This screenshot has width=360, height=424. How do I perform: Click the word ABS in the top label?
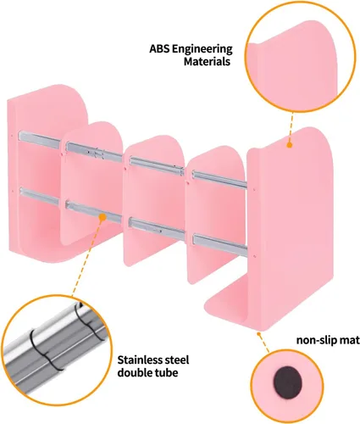[x=159, y=49]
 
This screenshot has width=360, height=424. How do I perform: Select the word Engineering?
[x=202, y=50]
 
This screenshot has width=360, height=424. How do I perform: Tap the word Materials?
[x=207, y=61]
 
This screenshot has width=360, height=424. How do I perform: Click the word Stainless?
[x=139, y=360]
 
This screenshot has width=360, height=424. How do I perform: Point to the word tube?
[x=167, y=372]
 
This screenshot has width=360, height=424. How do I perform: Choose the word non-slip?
[x=317, y=340]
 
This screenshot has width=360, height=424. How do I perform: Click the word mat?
[x=350, y=340]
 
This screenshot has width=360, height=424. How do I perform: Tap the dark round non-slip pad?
[x=287, y=382]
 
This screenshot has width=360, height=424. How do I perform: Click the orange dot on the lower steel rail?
[x=102, y=217]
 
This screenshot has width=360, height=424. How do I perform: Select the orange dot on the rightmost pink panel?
[x=290, y=145]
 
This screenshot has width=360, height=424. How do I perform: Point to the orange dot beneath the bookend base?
[x=258, y=334]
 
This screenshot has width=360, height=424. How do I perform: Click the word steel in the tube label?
[x=175, y=360]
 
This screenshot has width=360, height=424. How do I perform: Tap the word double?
[x=135, y=372]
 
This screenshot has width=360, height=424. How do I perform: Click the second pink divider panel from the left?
[x=91, y=181]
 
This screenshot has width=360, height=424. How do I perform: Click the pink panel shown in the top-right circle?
[x=294, y=66]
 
